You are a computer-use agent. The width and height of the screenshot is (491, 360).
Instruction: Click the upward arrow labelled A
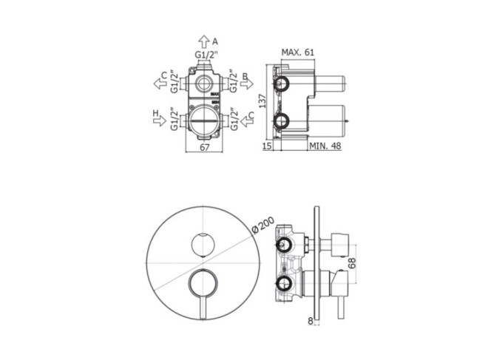(204, 41)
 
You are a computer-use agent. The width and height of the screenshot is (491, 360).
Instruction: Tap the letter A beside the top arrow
(214, 41)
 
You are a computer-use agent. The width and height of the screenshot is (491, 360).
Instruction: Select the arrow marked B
(247, 83)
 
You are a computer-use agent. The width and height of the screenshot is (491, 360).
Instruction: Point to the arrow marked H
(160, 120)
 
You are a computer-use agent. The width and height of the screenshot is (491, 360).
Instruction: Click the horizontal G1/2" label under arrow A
(206, 55)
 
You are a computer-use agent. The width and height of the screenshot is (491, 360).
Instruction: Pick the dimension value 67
(205, 147)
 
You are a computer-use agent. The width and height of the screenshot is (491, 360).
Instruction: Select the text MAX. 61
(297, 52)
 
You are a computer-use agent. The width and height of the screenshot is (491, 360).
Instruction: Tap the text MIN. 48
(325, 146)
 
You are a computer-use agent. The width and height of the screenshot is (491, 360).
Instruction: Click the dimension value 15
(267, 146)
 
